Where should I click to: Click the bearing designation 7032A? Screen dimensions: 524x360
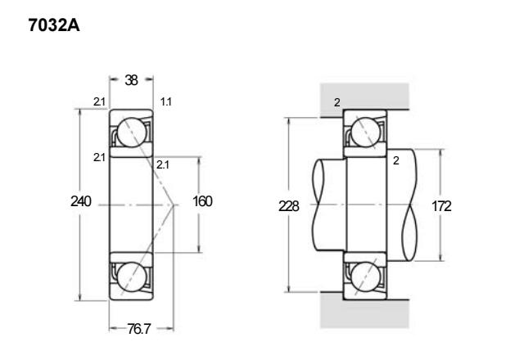click(54, 25)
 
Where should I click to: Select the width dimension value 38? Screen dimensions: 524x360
click(131, 80)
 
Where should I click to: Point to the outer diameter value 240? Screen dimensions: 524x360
click(80, 201)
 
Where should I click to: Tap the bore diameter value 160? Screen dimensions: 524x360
click(202, 201)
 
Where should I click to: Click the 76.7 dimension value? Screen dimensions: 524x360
click(139, 329)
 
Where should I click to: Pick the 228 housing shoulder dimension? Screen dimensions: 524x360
click(289, 206)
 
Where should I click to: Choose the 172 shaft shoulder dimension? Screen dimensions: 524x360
click(441, 206)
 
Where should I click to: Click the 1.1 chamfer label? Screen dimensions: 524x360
click(165, 101)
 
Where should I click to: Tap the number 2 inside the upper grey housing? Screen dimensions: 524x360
click(337, 102)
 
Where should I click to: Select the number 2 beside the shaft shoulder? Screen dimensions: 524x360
click(396, 161)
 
